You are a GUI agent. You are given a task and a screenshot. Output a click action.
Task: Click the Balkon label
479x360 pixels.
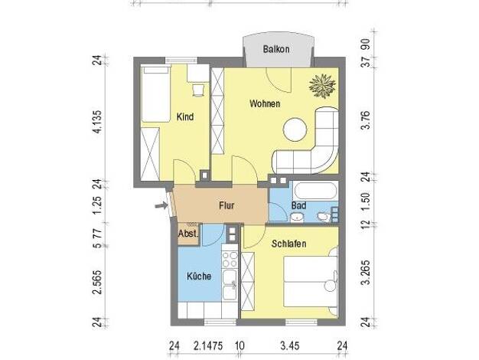pos(276,49)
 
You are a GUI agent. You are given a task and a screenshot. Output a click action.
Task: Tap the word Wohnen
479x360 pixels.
pos(265,103)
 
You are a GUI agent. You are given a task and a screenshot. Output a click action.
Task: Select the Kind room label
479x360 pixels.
pos(185,117)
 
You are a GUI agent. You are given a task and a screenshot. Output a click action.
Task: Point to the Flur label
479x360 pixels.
pos(226,205)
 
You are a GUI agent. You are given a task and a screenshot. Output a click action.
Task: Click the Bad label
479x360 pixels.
pos(298,205)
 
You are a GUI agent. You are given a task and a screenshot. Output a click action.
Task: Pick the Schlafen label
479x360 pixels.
pos(288,244)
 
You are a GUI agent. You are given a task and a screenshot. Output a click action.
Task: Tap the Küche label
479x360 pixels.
pos(199,277)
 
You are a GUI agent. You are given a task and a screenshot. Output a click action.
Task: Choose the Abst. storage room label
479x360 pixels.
pos(188,234)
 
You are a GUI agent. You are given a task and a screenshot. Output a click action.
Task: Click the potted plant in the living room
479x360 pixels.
pos(322,86)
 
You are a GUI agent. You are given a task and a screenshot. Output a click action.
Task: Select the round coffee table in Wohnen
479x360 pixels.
pos(295,129)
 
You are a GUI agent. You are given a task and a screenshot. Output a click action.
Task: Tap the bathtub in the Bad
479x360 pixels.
pos(315,191)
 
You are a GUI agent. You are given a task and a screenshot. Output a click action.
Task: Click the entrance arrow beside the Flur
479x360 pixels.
pos(161,205)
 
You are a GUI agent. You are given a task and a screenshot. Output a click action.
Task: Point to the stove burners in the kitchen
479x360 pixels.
pos(230,259)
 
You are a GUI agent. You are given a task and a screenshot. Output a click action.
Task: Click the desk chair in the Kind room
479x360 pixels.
pos(198,90)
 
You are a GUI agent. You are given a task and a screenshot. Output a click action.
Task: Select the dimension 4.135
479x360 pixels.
pos(97,122)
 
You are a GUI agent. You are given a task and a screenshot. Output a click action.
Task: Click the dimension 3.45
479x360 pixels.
pos(289,346)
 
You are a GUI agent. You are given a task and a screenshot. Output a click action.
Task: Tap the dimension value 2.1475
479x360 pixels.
pos(208,346)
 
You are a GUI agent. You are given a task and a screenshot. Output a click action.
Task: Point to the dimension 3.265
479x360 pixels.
pos(366,273)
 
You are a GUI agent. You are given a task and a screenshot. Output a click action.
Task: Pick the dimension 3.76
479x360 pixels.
pos(366,120)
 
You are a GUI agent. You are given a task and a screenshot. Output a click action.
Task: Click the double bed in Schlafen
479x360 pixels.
pos(311,281)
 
